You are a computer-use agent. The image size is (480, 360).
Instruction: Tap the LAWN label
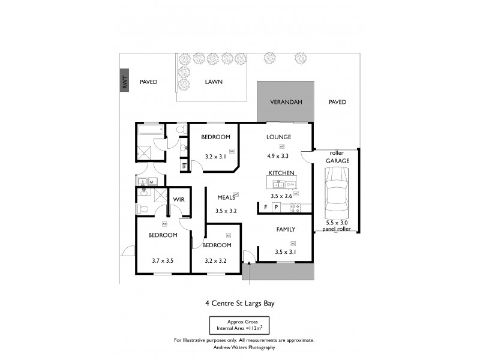(x=214, y=82)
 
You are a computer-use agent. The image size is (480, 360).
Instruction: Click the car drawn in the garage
(x=335, y=193)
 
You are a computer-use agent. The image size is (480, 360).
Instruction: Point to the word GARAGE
(x=338, y=161)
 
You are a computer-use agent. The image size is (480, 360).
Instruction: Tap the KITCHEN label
(x=281, y=173)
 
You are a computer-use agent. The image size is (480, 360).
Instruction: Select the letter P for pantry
(x=276, y=207)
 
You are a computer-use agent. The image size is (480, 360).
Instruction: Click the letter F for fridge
(x=265, y=207)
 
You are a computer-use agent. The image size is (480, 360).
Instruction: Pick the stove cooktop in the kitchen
(x=295, y=207)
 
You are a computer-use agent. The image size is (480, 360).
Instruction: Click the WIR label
(x=179, y=200)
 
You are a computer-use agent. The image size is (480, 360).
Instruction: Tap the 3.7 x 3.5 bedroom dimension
(x=162, y=261)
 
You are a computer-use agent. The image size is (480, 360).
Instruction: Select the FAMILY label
(x=286, y=229)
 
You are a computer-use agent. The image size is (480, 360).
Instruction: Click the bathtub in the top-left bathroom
(x=151, y=130)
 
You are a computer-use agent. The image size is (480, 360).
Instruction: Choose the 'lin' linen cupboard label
(x=184, y=164)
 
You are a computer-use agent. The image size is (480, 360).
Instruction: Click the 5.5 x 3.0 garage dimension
(x=338, y=222)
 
